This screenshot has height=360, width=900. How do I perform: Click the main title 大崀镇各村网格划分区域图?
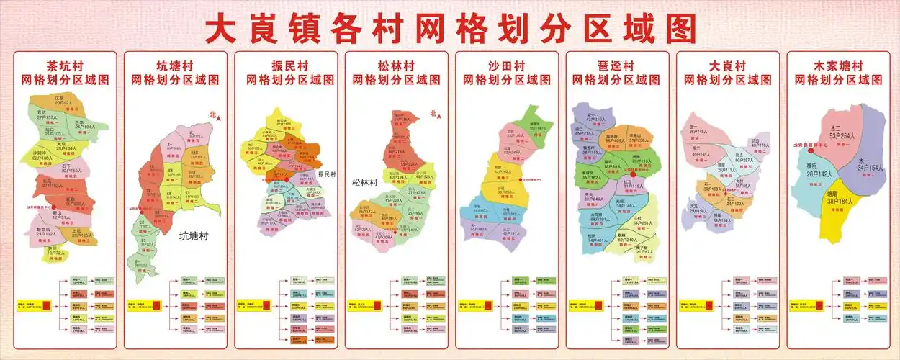(450, 28)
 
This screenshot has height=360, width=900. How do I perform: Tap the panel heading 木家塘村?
(838, 66)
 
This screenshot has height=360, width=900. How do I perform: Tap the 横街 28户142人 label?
(819, 170)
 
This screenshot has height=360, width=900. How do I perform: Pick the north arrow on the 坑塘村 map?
(213, 115)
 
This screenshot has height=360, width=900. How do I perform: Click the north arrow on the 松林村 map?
(433, 113)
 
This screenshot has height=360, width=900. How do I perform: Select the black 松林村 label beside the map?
(365, 183)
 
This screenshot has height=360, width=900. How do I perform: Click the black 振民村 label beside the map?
(327, 174)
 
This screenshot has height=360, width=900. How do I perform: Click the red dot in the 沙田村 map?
(520, 179)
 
